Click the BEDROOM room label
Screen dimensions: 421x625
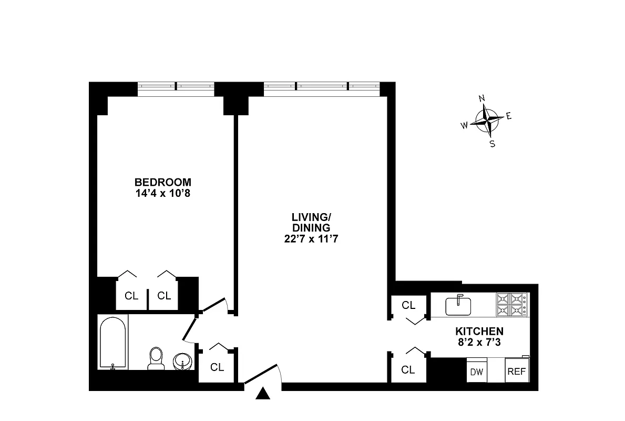(x=162, y=182)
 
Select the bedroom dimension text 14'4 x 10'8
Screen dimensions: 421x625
(x=162, y=193)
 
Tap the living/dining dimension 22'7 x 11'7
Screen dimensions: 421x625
(x=311, y=238)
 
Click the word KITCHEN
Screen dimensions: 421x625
(x=479, y=332)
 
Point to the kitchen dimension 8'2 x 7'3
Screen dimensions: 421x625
(x=479, y=342)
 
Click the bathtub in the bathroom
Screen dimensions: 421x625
(x=113, y=343)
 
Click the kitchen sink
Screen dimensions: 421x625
(x=458, y=306)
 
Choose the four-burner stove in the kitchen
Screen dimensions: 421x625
(x=511, y=305)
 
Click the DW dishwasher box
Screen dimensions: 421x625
(x=476, y=372)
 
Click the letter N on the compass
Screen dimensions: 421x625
(x=481, y=98)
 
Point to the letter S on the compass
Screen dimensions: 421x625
(x=493, y=144)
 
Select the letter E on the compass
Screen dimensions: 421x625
(x=508, y=116)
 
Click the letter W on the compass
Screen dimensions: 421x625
(x=465, y=125)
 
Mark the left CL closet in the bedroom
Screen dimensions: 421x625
(x=131, y=296)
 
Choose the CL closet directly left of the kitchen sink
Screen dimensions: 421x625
(x=408, y=305)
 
